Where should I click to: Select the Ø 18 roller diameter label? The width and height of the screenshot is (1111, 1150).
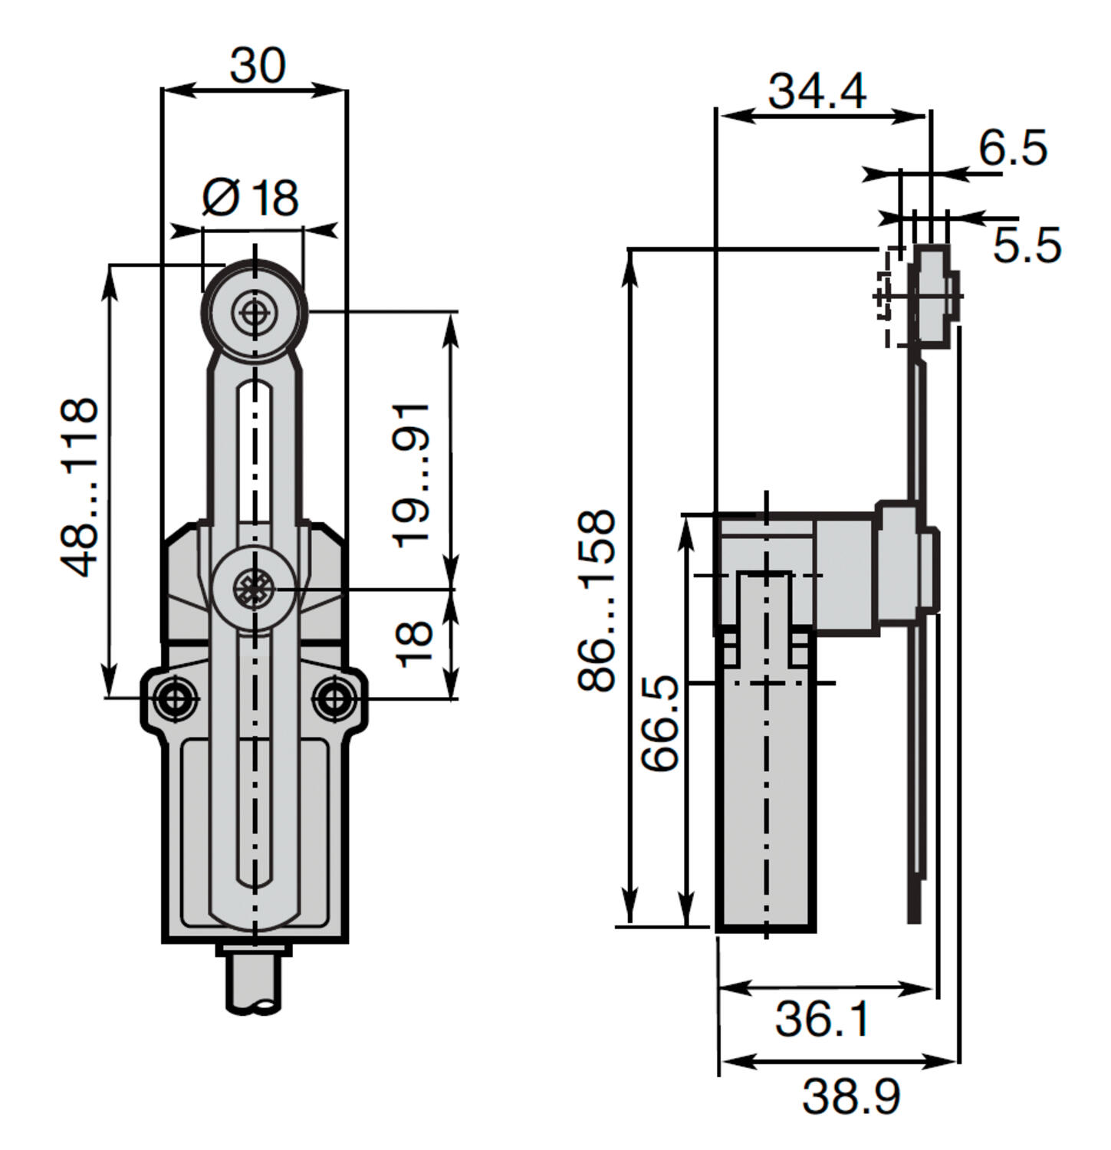point(250,198)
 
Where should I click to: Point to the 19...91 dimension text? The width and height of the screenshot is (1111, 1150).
point(412,474)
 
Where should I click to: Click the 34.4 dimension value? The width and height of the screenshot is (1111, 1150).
point(817,90)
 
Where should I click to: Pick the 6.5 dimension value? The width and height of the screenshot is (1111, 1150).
point(1013,148)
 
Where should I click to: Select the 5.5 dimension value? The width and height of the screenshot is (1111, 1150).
point(1027,245)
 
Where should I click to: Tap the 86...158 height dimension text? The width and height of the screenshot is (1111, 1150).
point(597,600)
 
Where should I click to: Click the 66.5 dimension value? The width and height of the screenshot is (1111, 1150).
point(660,722)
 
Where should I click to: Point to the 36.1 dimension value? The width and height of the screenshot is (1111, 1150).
point(823,1020)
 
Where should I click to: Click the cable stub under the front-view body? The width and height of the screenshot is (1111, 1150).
point(254,978)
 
